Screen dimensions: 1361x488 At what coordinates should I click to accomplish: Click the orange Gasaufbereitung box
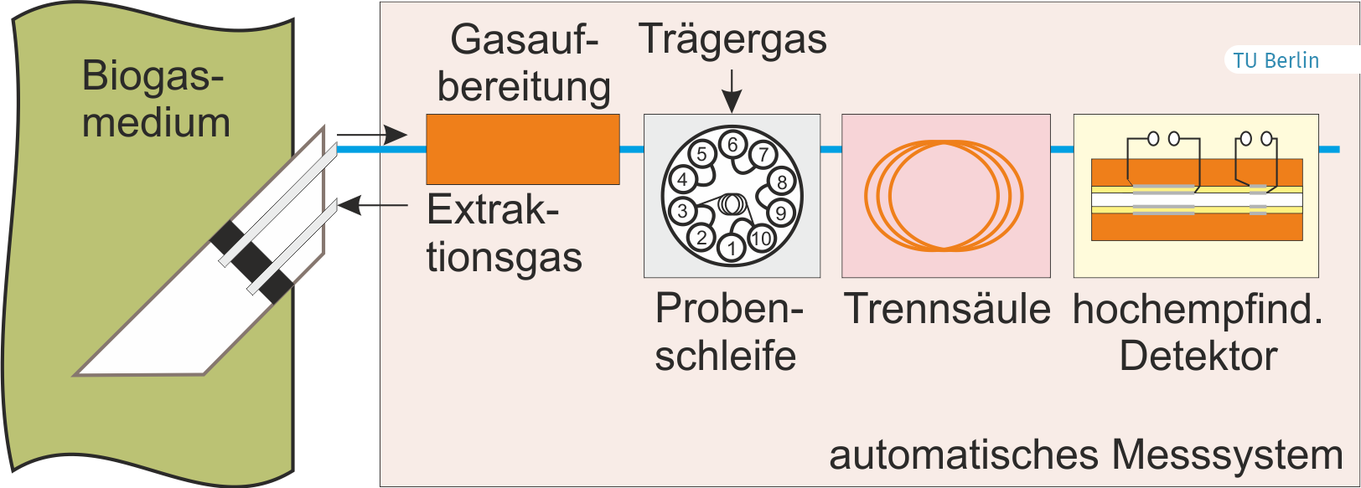tap(523, 149)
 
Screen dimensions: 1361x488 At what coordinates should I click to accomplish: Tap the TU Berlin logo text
tap(1276, 61)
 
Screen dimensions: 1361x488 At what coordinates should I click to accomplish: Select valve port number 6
tap(732, 145)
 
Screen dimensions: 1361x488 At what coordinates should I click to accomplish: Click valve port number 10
tap(761, 238)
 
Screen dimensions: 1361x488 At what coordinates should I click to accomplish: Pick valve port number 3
tap(683, 211)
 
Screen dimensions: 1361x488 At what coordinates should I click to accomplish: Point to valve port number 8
tap(782, 181)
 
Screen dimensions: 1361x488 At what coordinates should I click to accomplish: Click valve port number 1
tap(732, 248)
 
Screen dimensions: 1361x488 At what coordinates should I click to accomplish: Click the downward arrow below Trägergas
tap(732, 91)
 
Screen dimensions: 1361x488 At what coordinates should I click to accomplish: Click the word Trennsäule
tap(947, 309)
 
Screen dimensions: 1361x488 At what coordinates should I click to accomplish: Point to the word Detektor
tap(1198, 357)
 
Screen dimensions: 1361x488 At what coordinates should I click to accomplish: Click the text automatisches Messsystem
tap(1086, 456)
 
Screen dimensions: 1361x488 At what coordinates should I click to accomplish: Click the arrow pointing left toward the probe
tap(373, 206)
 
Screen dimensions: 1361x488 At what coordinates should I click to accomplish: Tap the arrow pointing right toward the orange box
tap(372, 134)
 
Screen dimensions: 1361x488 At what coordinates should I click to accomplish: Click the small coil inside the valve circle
tap(732, 204)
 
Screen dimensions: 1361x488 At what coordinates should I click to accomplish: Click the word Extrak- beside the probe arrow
tap(493, 210)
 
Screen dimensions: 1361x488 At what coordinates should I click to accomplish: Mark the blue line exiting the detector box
tap(1329, 149)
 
